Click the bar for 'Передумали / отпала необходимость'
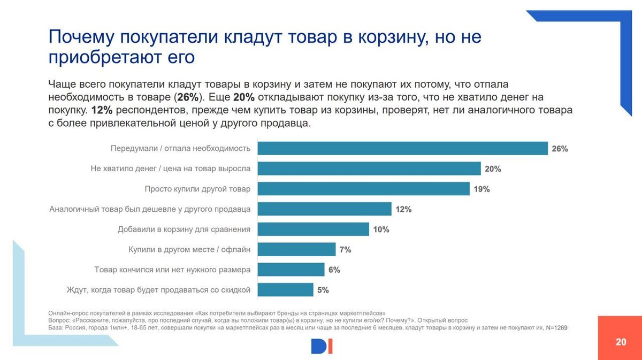point(402,149)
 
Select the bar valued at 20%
point(369,169)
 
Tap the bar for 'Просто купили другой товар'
point(364,189)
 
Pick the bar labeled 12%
point(325,209)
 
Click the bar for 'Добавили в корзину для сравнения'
point(314,229)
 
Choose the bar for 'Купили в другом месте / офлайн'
point(297,249)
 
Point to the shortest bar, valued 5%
point(286,290)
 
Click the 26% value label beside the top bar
point(560,149)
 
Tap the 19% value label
point(481,189)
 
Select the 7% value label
point(345,250)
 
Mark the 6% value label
point(334,270)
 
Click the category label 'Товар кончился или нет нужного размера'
point(172,270)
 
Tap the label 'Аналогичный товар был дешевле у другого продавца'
point(150,209)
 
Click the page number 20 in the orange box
point(621,342)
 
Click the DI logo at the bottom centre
point(322,347)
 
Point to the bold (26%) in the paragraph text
point(187,97)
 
